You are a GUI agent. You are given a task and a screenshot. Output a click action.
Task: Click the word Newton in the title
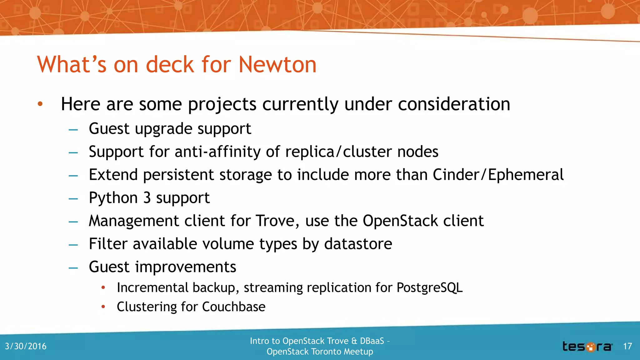(277, 65)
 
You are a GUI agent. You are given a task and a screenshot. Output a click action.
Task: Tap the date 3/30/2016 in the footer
(26, 346)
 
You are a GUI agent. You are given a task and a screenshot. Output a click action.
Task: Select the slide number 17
(627, 346)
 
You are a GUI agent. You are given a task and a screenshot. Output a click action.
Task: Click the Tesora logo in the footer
(587, 347)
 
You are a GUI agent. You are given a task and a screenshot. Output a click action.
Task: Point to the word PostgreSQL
(429, 287)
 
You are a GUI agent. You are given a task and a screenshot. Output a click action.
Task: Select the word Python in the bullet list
(113, 198)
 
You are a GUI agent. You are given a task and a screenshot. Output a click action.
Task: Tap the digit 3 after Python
(147, 198)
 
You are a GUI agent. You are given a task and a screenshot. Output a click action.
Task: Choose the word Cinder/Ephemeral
(498, 175)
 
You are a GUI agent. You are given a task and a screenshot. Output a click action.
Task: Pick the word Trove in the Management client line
(275, 221)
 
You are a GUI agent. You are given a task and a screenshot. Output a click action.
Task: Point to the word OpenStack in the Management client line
(400, 221)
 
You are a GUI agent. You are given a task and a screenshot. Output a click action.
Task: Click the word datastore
(358, 244)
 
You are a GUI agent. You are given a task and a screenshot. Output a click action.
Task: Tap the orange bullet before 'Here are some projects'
(40, 104)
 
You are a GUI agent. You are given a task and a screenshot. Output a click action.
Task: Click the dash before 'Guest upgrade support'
(73, 129)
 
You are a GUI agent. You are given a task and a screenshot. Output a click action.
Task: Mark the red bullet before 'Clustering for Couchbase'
(103, 307)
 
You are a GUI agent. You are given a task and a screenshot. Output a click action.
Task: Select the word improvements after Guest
(186, 267)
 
